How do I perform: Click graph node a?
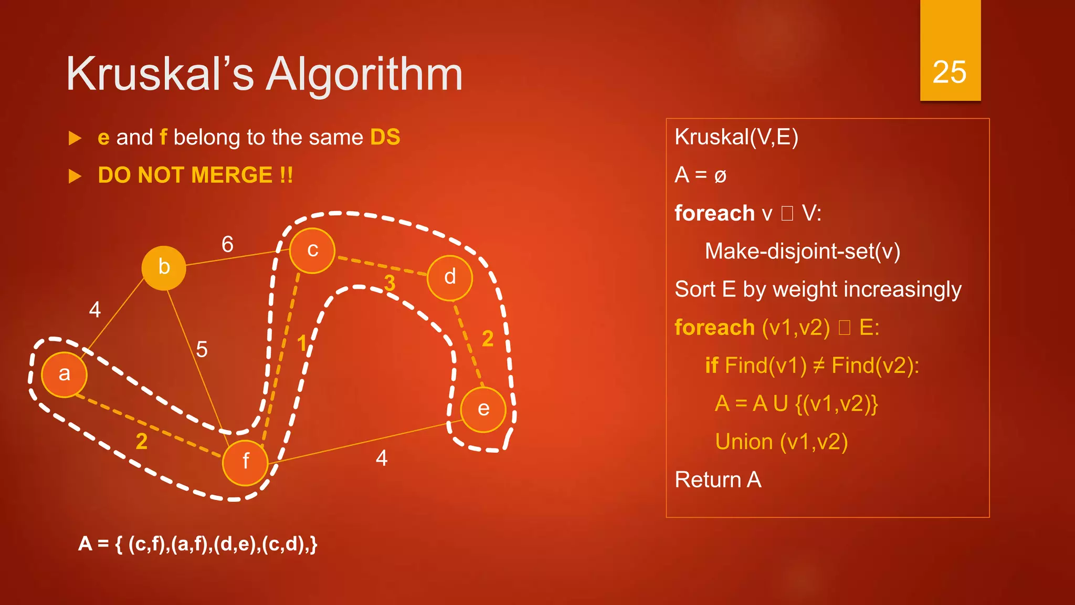tap(64, 374)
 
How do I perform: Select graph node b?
tap(164, 268)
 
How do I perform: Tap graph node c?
tap(312, 251)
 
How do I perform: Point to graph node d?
tap(450, 277)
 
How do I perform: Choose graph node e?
tap(483, 410)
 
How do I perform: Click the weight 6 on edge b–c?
tap(227, 244)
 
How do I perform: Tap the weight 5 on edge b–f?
tap(202, 349)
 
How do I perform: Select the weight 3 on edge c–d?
tap(389, 283)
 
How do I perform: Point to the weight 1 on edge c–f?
tap(302, 343)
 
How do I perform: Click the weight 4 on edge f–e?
tap(382, 458)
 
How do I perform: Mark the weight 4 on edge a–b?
tap(94, 309)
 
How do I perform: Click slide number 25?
tap(950, 72)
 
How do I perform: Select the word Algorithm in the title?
tap(364, 75)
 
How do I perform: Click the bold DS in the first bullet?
tap(385, 138)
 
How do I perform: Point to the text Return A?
tap(718, 480)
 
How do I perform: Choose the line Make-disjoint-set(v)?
tap(802, 252)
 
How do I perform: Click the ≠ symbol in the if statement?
tap(818, 366)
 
